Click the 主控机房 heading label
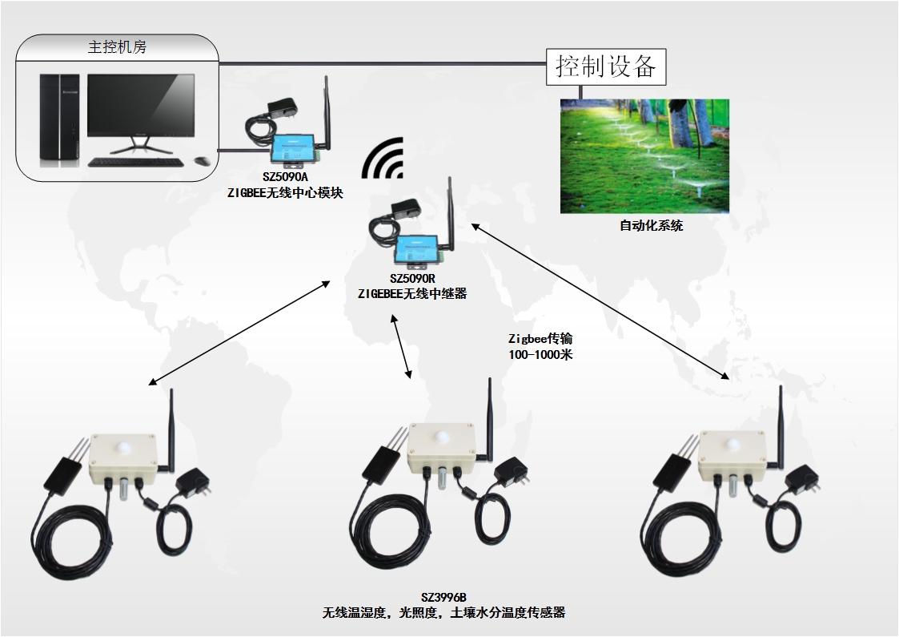tap(117, 47)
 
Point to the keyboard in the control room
tap(135, 163)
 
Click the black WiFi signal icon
tap(384, 159)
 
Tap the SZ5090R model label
tap(411, 279)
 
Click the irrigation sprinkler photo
tap(644, 155)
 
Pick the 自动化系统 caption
tap(652, 226)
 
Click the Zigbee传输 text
tap(540, 339)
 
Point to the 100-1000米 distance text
tap(540, 354)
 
